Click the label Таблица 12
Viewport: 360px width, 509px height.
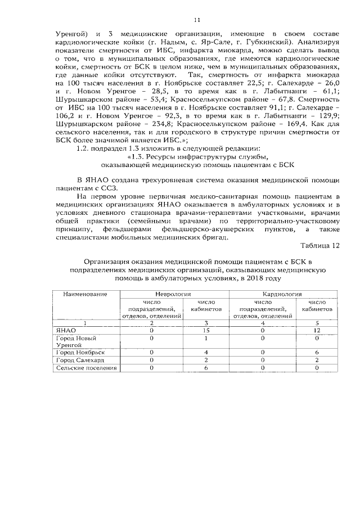321,246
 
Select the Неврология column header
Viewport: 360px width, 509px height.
173,294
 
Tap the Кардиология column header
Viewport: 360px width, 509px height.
282,294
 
